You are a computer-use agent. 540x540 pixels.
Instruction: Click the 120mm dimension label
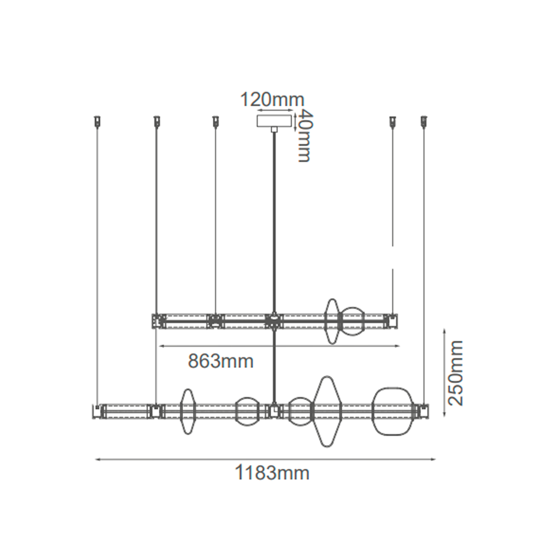tap(272, 100)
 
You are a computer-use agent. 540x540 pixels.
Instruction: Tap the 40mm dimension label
tap(303, 136)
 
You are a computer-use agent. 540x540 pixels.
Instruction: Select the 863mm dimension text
tap(221, 361)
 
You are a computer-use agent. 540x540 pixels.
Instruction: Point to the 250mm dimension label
tap(455, 373)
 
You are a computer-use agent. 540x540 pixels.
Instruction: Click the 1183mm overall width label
tap(272, 473)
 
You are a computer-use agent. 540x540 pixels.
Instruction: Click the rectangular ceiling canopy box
tap(274, 121)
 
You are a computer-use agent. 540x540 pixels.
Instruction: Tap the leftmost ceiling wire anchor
tap(98, 121)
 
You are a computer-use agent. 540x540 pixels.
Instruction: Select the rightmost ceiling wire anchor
tap(424, 121)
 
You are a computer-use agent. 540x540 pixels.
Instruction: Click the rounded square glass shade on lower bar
tap(392, 411)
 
